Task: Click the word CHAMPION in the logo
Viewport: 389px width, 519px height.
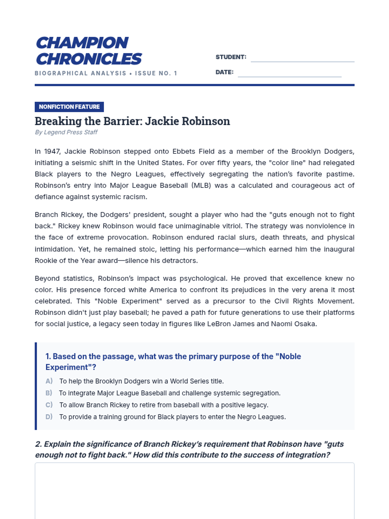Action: (82, 43)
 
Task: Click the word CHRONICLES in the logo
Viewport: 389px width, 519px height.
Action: (89, 59)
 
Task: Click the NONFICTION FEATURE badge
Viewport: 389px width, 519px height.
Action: (69, 107)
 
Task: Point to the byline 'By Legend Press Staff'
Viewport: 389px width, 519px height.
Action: (66, 132)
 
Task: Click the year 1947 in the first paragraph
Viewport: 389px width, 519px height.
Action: (52, 151)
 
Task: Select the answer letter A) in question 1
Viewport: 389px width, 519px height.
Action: (49, 381)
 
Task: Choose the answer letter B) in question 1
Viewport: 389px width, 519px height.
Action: (49, 393)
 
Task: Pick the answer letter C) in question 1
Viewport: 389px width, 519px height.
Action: (49, 405)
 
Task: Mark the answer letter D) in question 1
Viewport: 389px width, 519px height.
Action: (49, 417)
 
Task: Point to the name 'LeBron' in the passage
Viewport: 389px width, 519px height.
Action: (219, 324)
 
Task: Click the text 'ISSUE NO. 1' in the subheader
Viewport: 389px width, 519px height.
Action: (156, 73)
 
